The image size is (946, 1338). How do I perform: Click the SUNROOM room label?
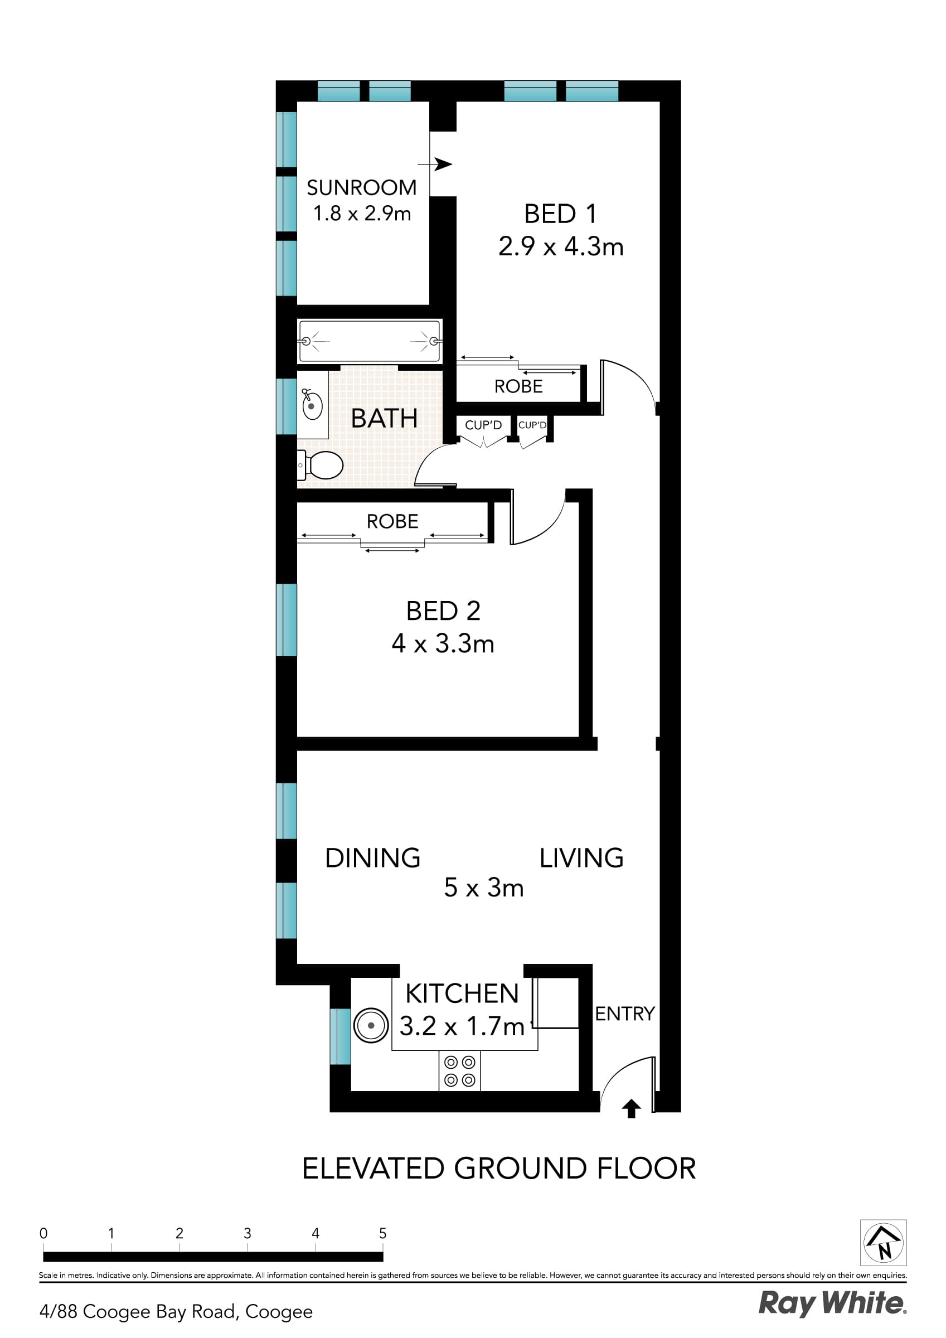tap(361, 188)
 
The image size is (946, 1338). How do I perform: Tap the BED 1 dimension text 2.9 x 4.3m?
tap(561, 246)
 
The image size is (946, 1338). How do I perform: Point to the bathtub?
tap(369, 341)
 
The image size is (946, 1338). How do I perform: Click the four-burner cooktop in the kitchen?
tap(460, 1070)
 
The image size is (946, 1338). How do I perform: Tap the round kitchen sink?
tap(371, 1025)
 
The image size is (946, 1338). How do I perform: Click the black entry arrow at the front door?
tap(631, 1108)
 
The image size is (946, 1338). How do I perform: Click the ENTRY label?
tap(624, 1014)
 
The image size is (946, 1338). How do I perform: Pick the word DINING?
tap(372, 858)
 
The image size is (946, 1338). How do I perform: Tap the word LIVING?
tap(581, 858)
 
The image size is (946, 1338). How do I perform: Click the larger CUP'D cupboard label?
tap(483, 425)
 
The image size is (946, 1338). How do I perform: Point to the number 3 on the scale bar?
tap(247, 1233)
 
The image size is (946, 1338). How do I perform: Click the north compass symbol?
tap(883, 1242)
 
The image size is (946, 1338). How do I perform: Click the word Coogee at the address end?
tap(279, 1312)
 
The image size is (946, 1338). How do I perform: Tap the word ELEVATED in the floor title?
tap(373, 1169)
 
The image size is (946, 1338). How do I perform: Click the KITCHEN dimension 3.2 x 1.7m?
tap(462, 1026)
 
